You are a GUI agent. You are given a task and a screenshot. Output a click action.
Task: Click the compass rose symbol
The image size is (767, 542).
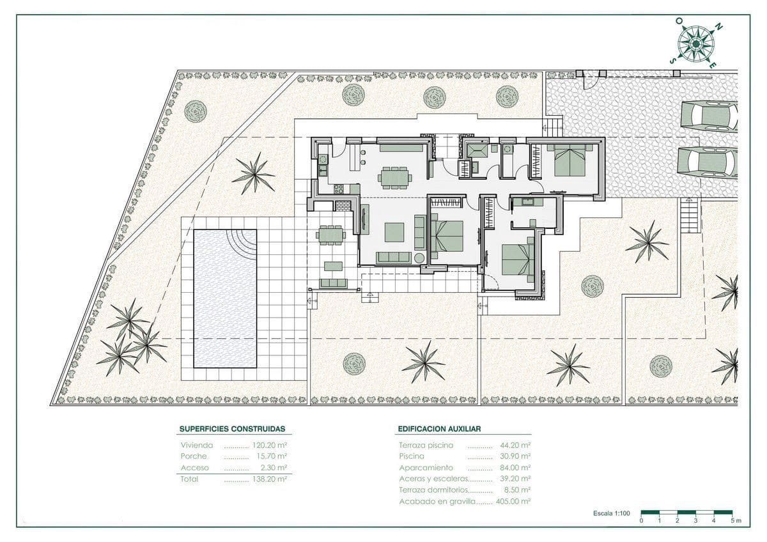pyautogui.click(x=695, y=43)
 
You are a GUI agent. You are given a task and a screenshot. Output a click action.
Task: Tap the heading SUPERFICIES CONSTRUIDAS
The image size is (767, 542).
pyautogui.click(x=232, y=430)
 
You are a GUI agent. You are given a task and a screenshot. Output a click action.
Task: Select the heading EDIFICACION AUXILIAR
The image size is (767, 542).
pyautogui.click(x=439, y=430)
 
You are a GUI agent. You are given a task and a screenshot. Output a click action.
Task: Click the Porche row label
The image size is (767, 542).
pyautogui.click(x=194, y=456)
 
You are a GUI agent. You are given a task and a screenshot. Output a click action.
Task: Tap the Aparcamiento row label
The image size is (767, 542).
pyautogui.click(x=426, y=467)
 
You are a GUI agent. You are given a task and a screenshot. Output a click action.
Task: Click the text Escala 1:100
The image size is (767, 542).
pyautogui.click(x=611, y=513)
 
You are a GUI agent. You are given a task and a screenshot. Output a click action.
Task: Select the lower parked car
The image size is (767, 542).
pyautogui.click(x=708, y=162)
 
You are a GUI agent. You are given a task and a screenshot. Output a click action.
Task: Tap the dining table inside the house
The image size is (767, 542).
pyautogui.click(x=394, y=177)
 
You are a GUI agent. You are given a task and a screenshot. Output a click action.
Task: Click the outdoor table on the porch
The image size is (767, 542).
pyautogui.click(x=330, y=235)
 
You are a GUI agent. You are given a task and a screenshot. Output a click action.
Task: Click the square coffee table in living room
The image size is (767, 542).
pyautogui.click(x=394, y=231)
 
